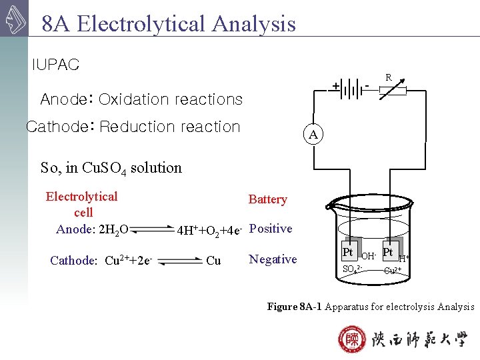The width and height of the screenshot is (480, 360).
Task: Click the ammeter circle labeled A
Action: tap(314, 134)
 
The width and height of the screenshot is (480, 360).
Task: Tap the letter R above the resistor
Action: tap(388, 78)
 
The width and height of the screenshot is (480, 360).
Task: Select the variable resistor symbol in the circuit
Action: tap(397, 91)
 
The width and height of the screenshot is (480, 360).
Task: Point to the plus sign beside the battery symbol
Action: tap(336, 87)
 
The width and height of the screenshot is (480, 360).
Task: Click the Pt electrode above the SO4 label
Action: tap(347, 253)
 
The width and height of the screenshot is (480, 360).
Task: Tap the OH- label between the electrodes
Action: tap(369, 256)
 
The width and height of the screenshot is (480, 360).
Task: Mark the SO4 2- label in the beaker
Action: tap(351, 270)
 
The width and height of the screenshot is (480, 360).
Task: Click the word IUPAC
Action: tap(55, 65)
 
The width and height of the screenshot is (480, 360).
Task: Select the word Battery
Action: tap(267, 199)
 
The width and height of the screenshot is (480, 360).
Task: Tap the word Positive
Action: tap(270, 229)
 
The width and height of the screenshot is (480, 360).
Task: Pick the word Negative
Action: tap(273, 259)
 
